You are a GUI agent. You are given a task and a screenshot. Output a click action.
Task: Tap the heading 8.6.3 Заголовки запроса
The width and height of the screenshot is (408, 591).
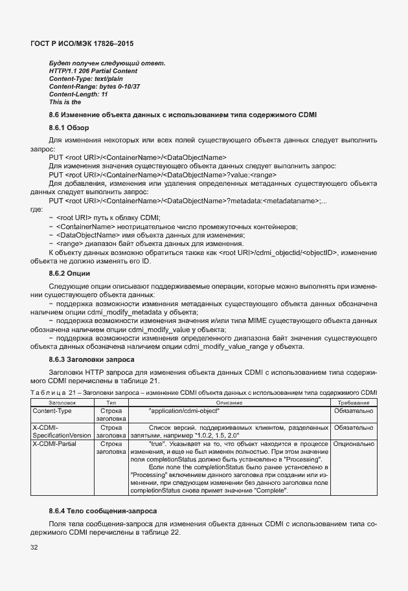pyautogui.click(x=91, y=359)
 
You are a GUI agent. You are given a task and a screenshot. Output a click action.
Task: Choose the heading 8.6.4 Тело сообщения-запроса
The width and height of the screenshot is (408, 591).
pyautogui.click(x=102, y=511)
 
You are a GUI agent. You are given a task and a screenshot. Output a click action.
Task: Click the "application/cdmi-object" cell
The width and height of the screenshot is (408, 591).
pyautogui.click(x=184, y=410)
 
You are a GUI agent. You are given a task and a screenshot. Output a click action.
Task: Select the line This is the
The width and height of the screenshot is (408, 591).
pyautogui.click(x=65, y=102)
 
